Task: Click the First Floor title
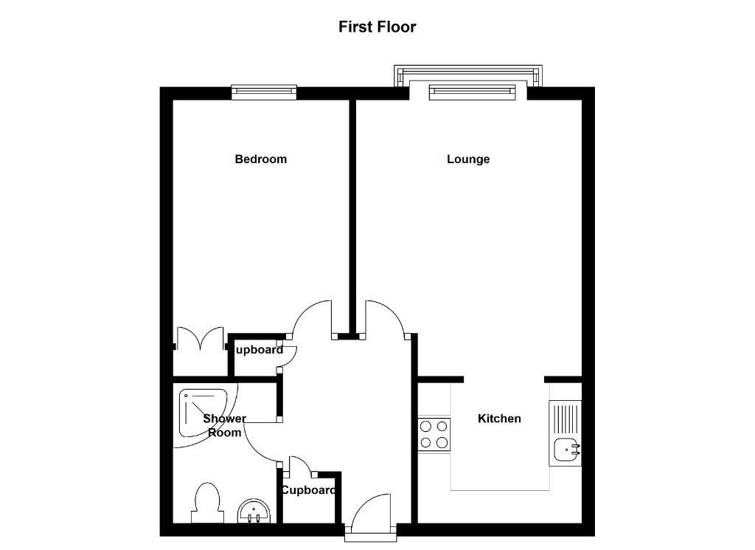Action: click(x=377, y=27)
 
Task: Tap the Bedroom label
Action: click(x=260, y=159)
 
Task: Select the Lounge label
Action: click(x=468, y=159)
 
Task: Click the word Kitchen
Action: click(x=499, y=419)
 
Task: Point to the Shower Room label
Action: click(x=224, y=426)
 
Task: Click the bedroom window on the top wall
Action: click(x=264, y=92)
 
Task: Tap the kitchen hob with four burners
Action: click(x=434, y=434)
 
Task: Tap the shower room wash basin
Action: click(x=256, y=511)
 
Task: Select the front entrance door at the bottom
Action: click(x=372, y=514)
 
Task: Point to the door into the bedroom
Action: click(x=313, y=317)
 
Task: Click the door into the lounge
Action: click(x=383, y=317)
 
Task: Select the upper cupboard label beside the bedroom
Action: click(x=257, y=350)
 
